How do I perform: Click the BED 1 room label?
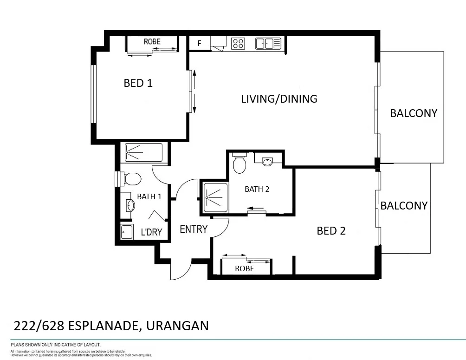click(138, 83)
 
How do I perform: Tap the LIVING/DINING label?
click(279, 98)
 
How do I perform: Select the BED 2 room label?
click(331, 230)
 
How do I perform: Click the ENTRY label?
click(193, 229)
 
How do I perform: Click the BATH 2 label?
click(257, 189)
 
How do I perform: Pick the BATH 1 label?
click(149, 196)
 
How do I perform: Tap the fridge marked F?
click(200, 43)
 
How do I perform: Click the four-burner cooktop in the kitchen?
click(238, 44)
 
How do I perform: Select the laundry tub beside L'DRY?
click(127, 231)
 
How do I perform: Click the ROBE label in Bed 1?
click(152, 42)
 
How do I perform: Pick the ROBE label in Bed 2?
click(244, 268)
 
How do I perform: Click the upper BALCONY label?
click(413, 113)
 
